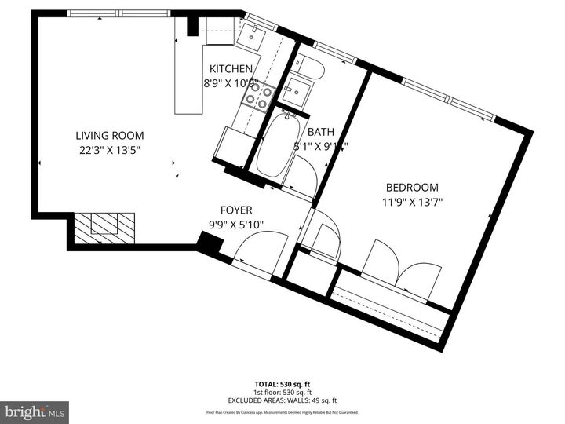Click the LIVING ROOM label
click(x=109, y=135)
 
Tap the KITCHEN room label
click(x=231, y=68)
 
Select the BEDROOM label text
click(x=411, y=187)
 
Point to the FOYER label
click(x=235, y=210)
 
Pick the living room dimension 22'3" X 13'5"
click(x=109, y=150)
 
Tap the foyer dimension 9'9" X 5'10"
click(x=235, y=225)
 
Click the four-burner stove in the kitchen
click(x=258, y=97)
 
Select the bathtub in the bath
click(x=275, y=146)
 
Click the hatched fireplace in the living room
click(x=105, y=227)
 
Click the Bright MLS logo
click(x=34, y=412)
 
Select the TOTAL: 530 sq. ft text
click(x=282, y=384)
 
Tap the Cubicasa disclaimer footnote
click(x=282, y=412)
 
